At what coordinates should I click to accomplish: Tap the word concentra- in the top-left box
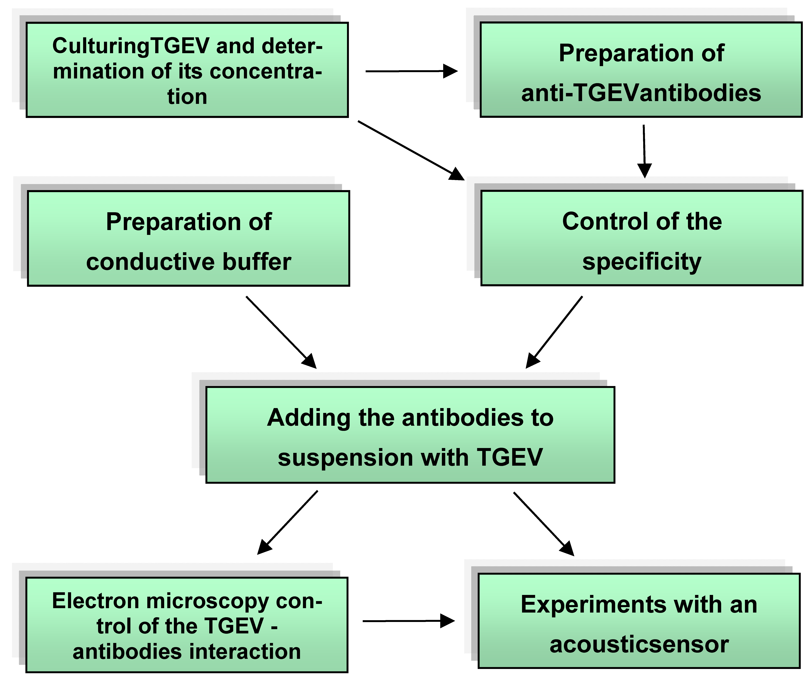click(x=265, y=72)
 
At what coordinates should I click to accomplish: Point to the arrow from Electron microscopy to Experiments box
click(x=408, y=621)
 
